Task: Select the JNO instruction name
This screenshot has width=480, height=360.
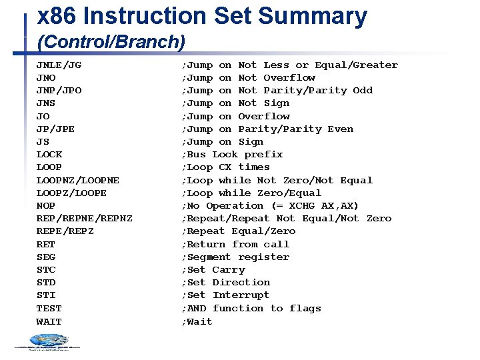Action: (45, 77)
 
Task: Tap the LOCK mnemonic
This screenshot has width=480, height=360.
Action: (49, 154)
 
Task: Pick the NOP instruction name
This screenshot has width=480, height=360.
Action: (45, 205)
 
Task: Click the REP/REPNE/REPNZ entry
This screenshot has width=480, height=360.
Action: (84, 218)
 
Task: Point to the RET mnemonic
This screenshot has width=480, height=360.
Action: (45, 244)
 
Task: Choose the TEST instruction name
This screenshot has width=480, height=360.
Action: (49, 308)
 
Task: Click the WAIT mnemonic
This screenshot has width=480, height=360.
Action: (49, 321)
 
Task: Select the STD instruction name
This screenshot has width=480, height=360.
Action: (45, 282)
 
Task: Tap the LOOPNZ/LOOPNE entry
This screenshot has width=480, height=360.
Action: (77, 180)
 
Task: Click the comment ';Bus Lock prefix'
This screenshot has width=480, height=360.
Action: (232, 154)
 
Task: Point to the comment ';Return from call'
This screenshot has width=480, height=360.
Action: (235, 244)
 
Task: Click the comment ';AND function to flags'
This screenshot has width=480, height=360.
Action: (251, 308)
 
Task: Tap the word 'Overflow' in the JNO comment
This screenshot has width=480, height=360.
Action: (289, 77)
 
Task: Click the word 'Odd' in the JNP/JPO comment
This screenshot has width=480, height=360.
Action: (363, 90)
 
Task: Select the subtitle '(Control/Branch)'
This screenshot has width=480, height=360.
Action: (111, 42)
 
